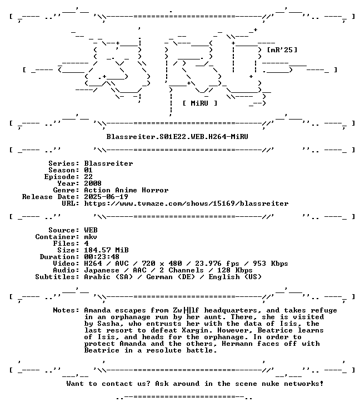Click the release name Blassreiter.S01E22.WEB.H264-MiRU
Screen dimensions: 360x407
pos(177,137)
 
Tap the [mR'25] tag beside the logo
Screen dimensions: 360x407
pos(282,50)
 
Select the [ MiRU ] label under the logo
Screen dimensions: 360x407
pos(199,103)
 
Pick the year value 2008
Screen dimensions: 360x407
pos(93,183)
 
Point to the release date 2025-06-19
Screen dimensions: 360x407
pos(106,197)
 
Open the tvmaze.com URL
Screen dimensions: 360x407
pos(186,203)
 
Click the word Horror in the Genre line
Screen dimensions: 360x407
pos(155,190)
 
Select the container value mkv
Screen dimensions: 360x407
pos(91,237)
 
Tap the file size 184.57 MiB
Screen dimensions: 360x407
pos(106,250)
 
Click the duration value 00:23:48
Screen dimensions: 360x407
pos(102,257)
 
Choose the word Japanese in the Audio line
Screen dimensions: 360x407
pos(102,270)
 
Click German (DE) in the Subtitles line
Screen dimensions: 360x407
pos(171,277)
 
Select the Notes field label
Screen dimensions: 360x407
pos(66,310)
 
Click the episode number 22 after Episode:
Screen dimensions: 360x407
pos(88,177)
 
